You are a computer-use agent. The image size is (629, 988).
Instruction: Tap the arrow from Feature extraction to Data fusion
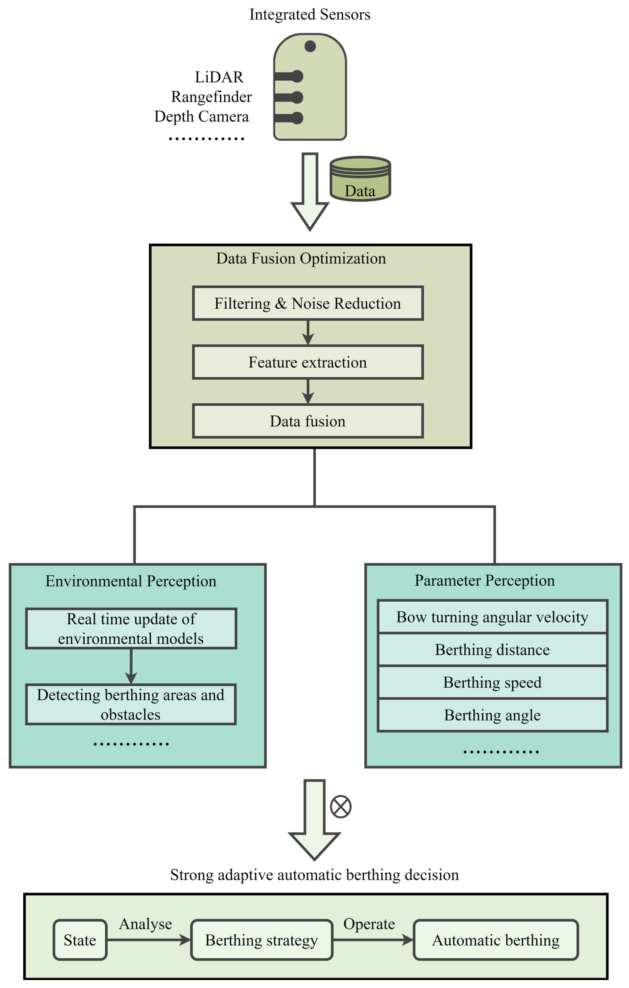tap(308, 391)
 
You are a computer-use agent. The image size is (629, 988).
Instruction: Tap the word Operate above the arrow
tap(369, 924)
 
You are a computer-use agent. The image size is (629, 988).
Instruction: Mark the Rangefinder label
tap(211, 97)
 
